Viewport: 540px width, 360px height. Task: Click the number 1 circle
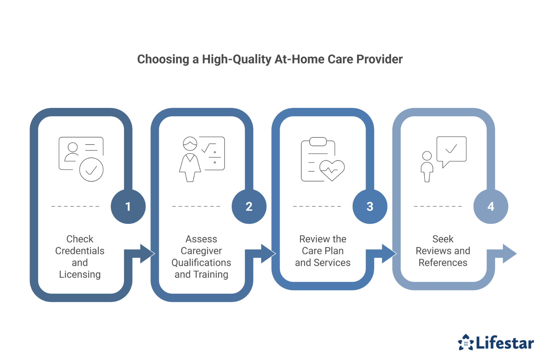coord(128,206)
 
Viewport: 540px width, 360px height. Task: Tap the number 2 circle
coord(249,206)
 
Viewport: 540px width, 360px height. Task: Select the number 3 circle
coord(370,206)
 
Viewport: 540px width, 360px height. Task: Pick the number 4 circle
coord(491,206)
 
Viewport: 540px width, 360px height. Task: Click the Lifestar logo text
coord(505,343)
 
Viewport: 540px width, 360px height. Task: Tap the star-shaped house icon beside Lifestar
coord(466,342)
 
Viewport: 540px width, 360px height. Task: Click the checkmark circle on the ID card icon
coord(91,170)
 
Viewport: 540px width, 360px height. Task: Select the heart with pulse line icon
coord(332,170)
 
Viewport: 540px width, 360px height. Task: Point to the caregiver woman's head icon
coord(190,144)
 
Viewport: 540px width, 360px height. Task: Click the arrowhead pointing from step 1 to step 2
coord(147,253)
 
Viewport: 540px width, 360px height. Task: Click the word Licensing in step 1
coord(80,274)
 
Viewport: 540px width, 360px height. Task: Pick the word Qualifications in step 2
coord(201,263)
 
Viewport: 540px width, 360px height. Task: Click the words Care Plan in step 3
coord(322,251)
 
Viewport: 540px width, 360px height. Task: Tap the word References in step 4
coord(443,263)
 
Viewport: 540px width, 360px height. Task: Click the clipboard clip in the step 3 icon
coord(318,141)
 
